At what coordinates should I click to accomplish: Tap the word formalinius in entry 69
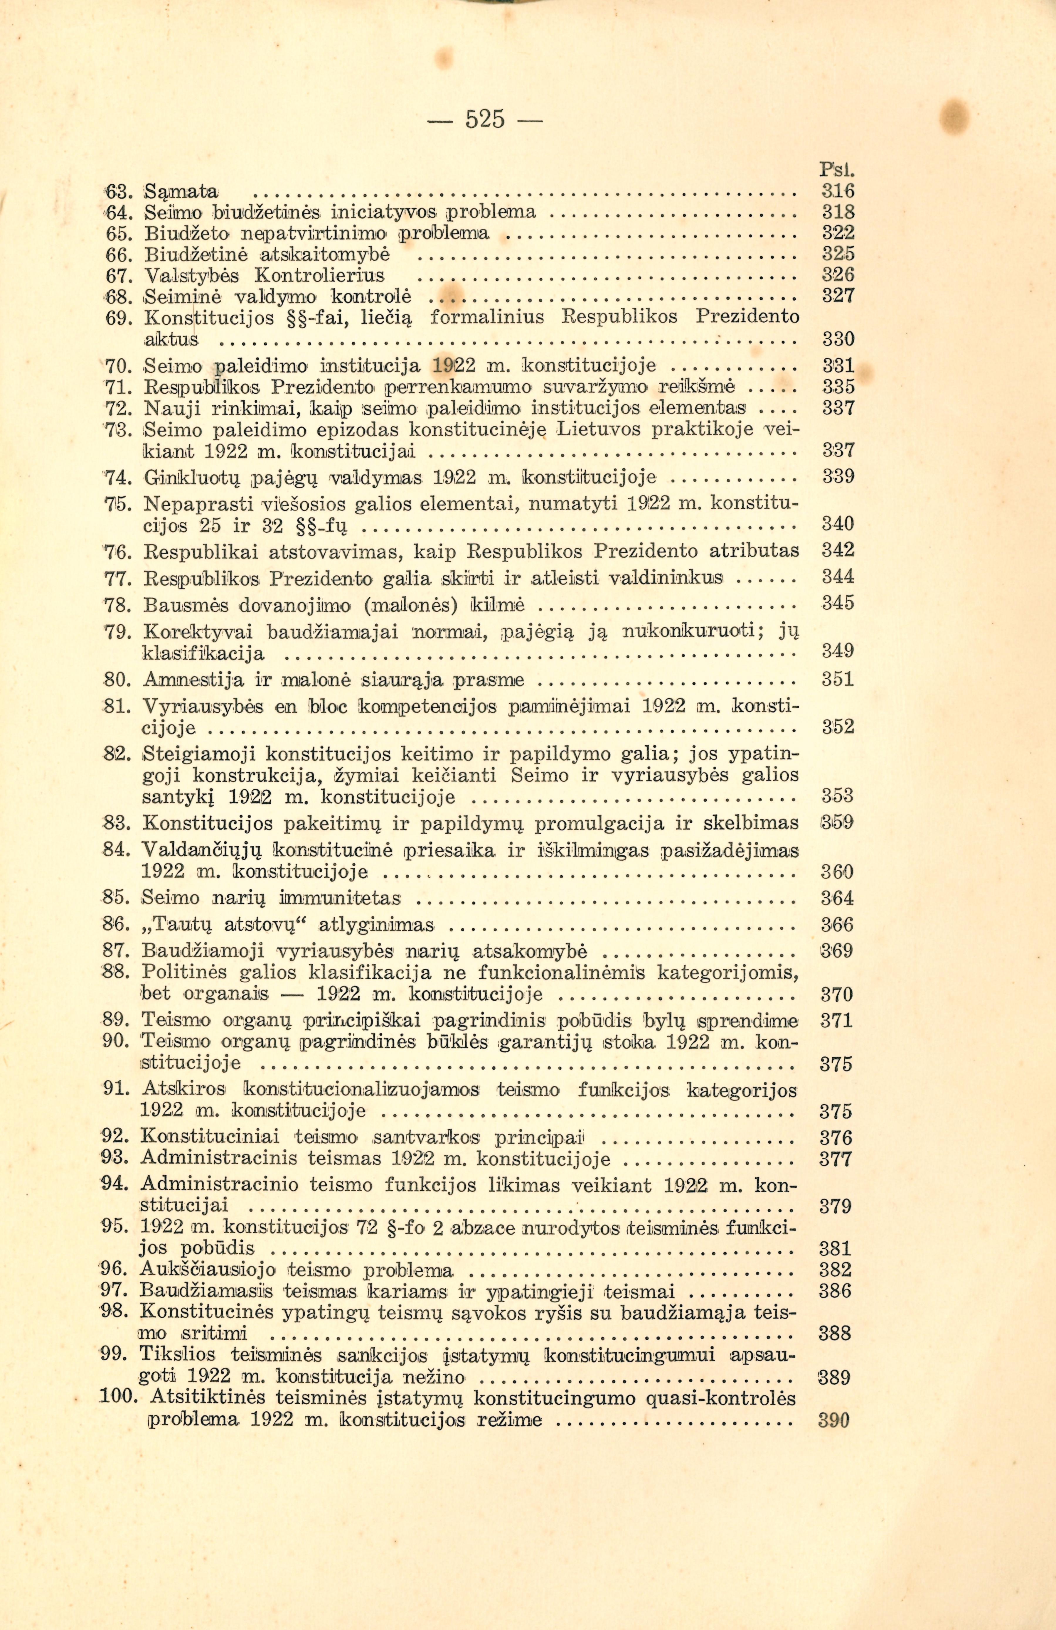pos(487,317)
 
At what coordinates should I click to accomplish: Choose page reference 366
pos(837,925)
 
